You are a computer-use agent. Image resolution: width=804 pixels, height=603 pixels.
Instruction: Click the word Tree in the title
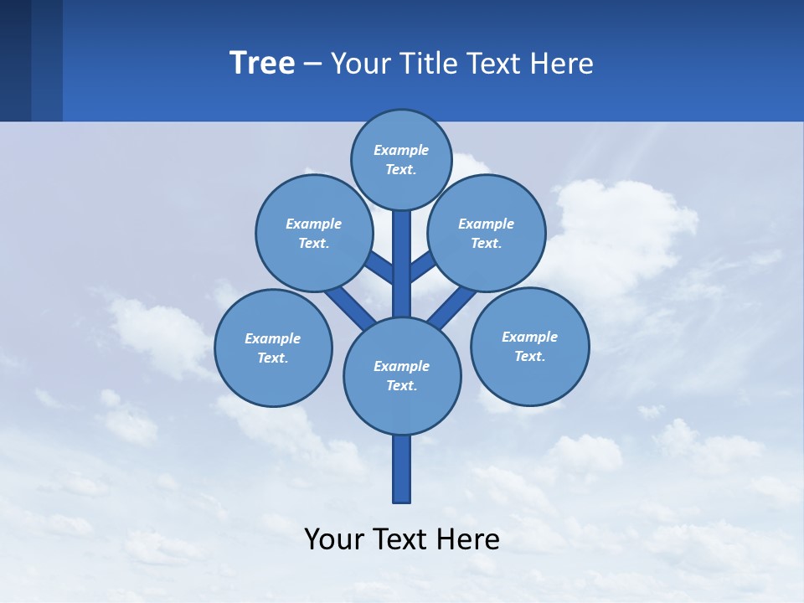tap(262, 63)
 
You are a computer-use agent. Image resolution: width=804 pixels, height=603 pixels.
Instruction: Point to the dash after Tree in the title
tap(312, 64)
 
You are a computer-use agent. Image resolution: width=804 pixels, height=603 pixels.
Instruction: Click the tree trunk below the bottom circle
tap(402, 469)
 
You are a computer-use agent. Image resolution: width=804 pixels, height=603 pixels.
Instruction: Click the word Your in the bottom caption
tap(333, 539)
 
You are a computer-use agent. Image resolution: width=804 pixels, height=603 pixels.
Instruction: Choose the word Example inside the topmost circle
tap(401, 150)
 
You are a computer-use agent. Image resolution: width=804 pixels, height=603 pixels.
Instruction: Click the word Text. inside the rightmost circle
tap(529, 356)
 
